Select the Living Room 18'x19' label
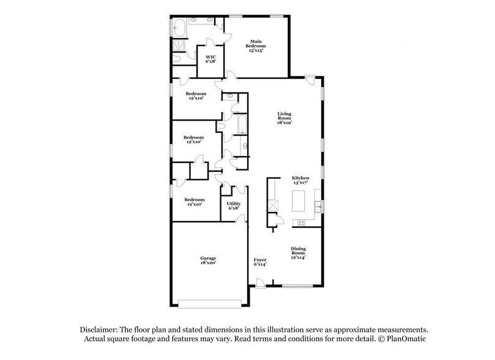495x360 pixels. pos(285,118)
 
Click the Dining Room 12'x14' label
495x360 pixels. pos(298,253)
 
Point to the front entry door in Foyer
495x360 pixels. pos(261,283)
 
